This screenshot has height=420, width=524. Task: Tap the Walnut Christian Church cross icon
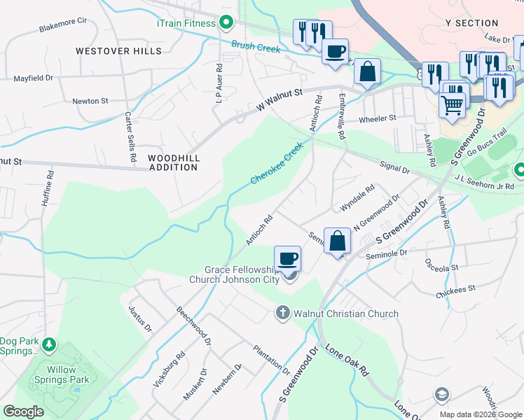(283, 313)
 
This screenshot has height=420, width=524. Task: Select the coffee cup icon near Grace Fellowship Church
(287, 259)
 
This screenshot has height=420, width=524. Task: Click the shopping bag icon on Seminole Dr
(337, 240)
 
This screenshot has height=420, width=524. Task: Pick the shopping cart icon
(452, 105)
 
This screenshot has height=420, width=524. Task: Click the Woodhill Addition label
(173, 163)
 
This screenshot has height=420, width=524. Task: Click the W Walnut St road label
(279, 99)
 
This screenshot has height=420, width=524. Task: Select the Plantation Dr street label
(271, 358)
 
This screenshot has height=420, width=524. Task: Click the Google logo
(23, 412)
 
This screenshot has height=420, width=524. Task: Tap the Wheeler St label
(378, 118)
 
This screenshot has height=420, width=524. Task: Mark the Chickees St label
(457, 288)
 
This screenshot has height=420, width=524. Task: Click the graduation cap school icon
(441, 395)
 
